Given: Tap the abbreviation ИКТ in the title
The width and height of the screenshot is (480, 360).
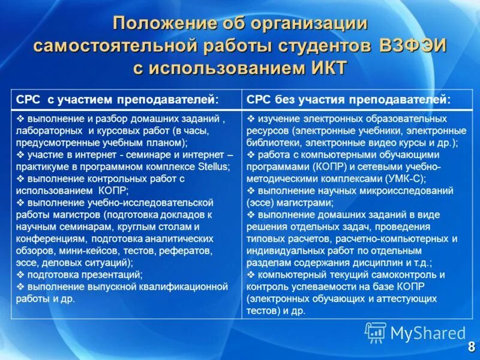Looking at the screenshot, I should pos(325,67).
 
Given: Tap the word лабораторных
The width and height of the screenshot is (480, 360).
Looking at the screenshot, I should pos(49,130).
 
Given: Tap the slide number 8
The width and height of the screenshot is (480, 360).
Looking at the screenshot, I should pos(471,347).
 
